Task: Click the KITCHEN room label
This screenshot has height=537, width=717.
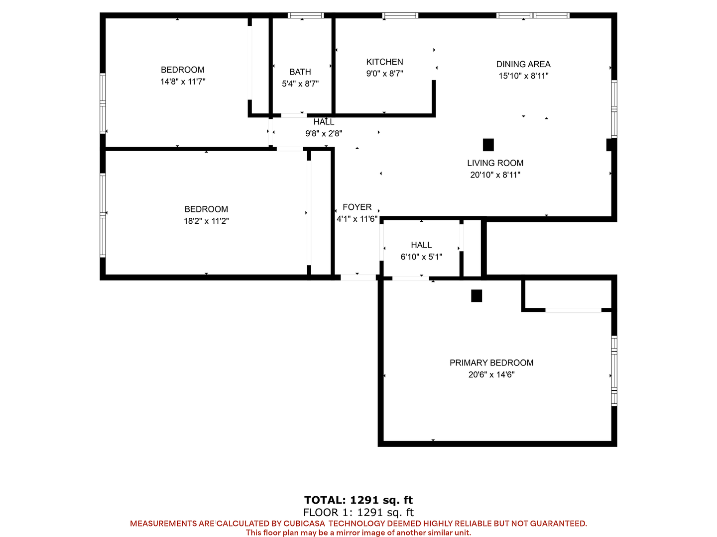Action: click(384, 62)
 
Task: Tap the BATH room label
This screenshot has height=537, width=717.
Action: click(300, 72)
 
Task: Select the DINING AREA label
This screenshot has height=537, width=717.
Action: click(523, 64)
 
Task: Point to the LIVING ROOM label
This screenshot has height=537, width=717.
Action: click(495, 163)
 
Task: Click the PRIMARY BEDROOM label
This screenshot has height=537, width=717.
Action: click(491, 363)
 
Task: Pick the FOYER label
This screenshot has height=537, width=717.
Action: click(357, 207)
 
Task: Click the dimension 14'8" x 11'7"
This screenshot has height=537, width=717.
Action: click(183, 82)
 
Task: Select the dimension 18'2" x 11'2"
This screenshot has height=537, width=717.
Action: click(206, 221)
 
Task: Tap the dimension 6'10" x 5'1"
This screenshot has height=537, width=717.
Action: click(421, 257)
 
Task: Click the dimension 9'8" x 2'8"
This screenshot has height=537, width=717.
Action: click(324, 133)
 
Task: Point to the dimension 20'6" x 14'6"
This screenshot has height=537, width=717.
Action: click(491, 374)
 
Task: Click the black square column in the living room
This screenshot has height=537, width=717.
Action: click(488, 145)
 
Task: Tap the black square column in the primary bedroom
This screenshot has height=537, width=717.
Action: click(477, 296)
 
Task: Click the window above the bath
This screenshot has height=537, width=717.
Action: click(306, 15)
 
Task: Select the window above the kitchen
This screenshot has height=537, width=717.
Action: click(400, 15)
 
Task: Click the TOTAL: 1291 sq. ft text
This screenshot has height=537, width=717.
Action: click(358, 500)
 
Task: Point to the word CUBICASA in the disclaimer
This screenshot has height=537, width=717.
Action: click(304, 523)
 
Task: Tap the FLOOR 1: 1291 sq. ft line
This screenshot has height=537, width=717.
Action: click(358, 512)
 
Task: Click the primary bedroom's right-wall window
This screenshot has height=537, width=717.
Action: click(614, 371)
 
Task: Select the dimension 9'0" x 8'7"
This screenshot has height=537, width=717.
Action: click(384, 74)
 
